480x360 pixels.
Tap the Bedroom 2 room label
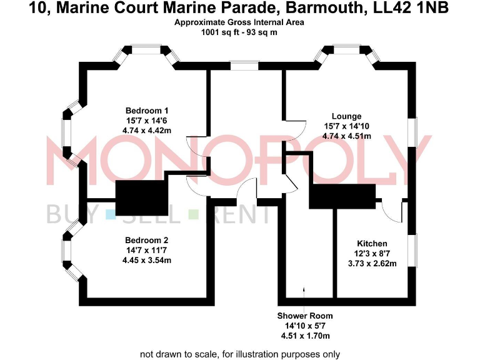coord(147,240)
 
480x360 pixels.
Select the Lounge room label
coord(346,116)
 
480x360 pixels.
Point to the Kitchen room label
coord(372,243)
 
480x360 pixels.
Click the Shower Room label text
coord(305,316)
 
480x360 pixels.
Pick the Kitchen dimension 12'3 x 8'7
coord(372,254)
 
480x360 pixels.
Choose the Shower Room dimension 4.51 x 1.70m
coord(305,336)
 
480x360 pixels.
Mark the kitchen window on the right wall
coord(412,252)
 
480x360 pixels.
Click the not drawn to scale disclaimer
coord(239,354)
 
